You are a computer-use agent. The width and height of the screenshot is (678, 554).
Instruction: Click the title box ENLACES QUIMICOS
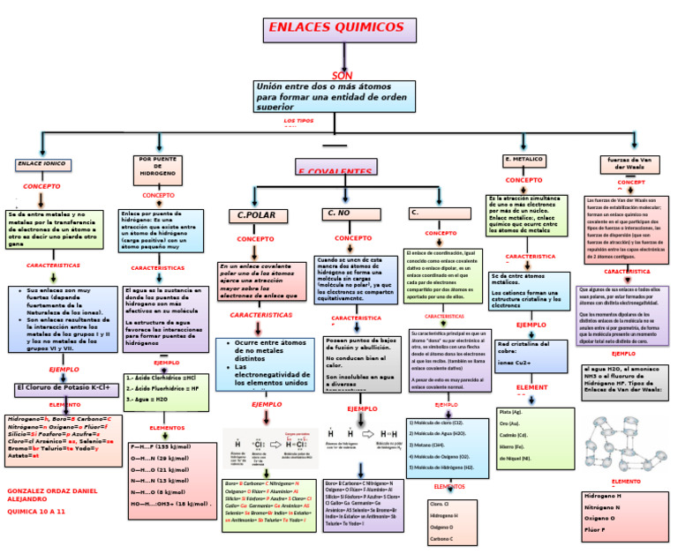(x=340, y=29)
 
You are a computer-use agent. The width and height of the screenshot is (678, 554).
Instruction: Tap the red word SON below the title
(x=342, y=76)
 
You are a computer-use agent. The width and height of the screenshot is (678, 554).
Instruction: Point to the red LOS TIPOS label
(x=298, y=120)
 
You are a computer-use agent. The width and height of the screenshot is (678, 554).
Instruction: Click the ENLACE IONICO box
(x=41, y=164)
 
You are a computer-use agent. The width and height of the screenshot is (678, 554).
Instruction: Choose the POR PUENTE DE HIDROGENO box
(x=158, y=167)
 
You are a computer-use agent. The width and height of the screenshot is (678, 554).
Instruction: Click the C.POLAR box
(x=257, y=215)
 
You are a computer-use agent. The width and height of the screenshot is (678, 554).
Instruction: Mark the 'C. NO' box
(x=349, y=213)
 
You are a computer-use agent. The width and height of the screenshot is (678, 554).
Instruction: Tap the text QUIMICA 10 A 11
(x=36, y=511)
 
